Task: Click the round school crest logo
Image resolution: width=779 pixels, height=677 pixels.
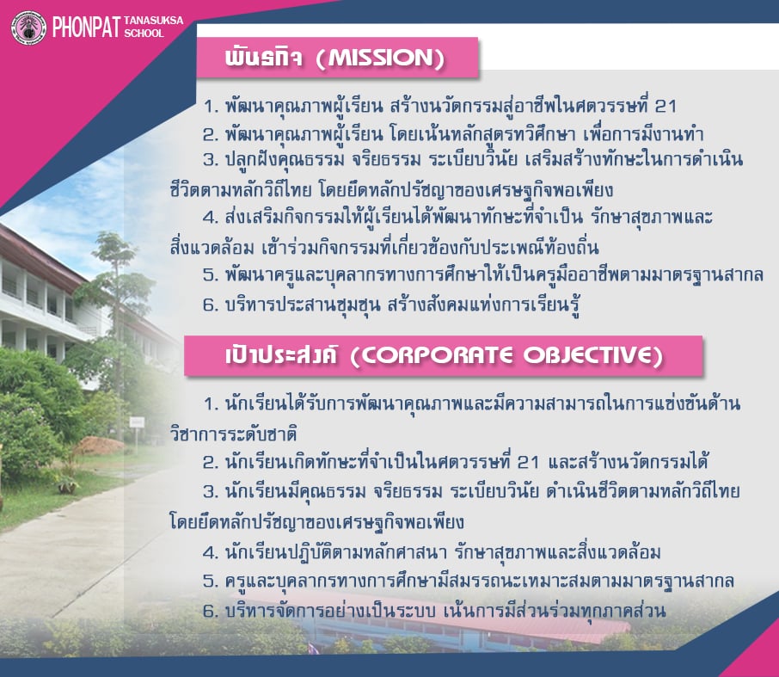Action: [29, 28]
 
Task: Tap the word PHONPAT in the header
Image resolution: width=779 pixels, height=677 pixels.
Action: [87, 27]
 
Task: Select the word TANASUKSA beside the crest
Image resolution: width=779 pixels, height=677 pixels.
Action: [154, 21]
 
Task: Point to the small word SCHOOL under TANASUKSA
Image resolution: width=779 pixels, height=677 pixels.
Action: [144, 34]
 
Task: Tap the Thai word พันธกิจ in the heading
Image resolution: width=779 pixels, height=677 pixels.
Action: [263, 57]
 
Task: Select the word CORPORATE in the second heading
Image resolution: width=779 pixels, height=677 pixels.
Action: [437, 355]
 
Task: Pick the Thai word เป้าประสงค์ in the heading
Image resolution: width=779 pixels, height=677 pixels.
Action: [281, 354]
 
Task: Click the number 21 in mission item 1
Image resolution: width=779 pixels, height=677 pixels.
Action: [666, 106]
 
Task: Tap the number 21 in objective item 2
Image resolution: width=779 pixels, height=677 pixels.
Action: [528, 462]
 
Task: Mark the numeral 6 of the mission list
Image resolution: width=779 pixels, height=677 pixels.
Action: [210, 305]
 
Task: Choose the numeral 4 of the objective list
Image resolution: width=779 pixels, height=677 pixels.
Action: [210, 552]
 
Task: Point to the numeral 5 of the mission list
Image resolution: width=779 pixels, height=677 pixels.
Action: [210, 274]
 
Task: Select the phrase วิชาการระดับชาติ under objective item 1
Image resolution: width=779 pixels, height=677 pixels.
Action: [233, 434]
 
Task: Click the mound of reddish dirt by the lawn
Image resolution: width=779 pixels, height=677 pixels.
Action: [99, 445]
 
